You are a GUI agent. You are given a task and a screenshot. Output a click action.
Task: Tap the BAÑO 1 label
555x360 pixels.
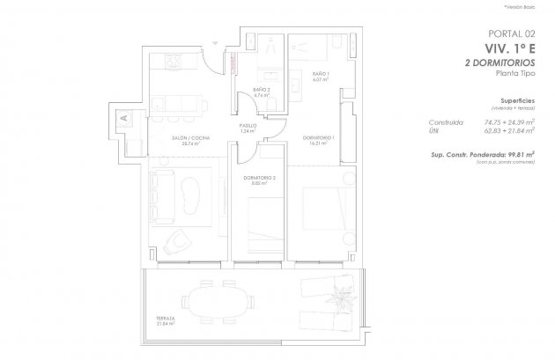(321, 76)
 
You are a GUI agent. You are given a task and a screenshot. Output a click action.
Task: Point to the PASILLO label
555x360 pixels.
(248, 128)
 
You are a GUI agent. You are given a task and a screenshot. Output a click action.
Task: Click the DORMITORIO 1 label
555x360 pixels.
(315, 141)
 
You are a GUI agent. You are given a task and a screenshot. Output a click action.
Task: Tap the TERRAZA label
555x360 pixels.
(161, 320)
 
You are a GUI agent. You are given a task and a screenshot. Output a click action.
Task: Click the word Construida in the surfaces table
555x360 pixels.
(445, 122)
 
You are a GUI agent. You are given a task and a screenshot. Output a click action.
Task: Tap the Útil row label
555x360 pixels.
(435, 132)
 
